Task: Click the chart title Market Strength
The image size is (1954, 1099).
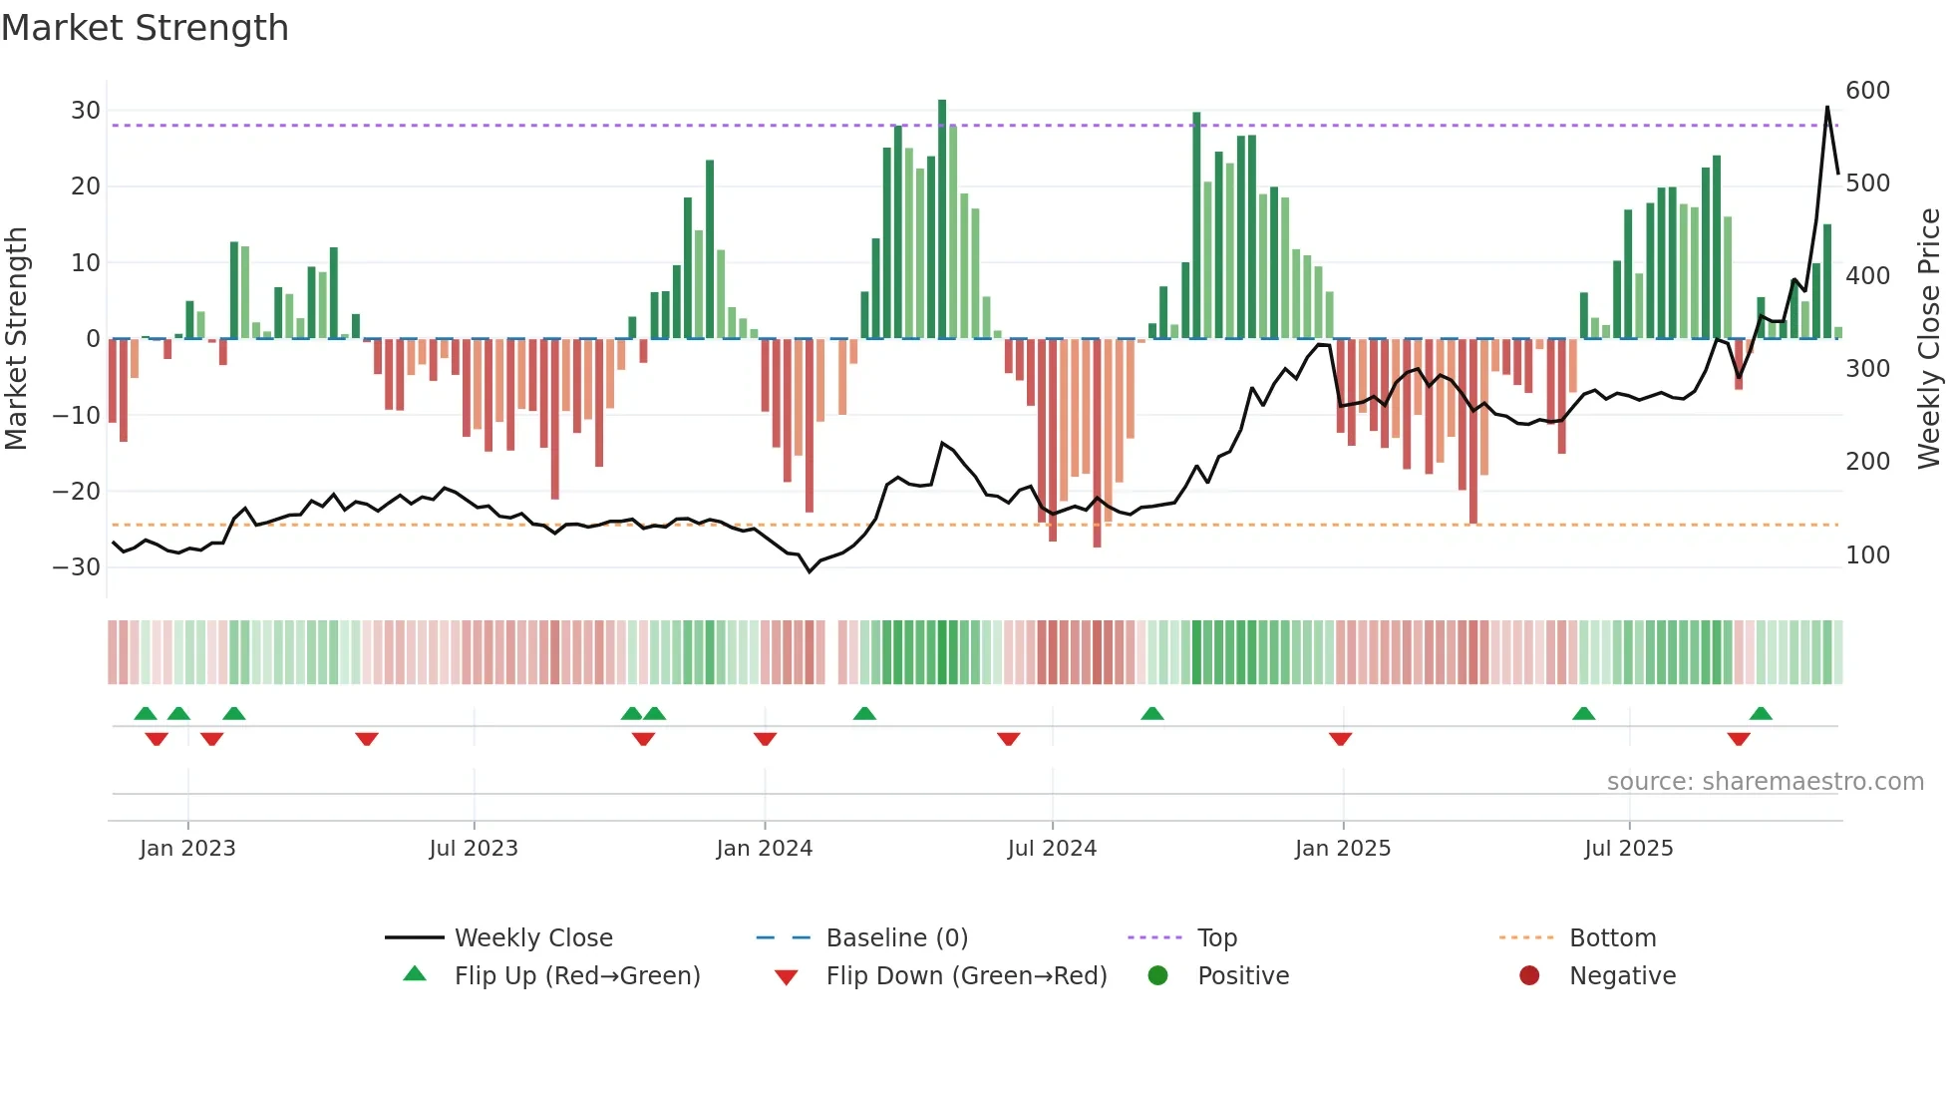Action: [x=145, y=28]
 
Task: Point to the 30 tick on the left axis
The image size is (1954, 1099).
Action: [x=85, y=111]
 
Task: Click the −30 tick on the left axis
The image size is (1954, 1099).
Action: [x=77, y=567]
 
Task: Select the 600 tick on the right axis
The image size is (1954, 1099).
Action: [x=1867, y=91]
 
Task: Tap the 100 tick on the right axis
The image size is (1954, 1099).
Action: [x=1867, y=555]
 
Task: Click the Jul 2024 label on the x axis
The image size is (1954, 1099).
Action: [x=1052, y=849]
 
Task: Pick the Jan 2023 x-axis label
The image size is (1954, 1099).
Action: [x=187, y=849]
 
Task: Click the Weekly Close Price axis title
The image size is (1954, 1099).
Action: [x=1929, y=339]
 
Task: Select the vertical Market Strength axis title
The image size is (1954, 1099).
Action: [x=16, y=339]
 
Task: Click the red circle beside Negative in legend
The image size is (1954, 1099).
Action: [x=1529, y=975]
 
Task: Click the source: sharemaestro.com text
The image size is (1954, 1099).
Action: [x=1765, y=782]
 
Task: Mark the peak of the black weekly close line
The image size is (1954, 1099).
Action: [x=1827, y=107]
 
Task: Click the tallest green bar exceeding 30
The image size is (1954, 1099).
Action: [x=942, y=102]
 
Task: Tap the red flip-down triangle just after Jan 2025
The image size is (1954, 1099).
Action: [x=1340, y=739]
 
